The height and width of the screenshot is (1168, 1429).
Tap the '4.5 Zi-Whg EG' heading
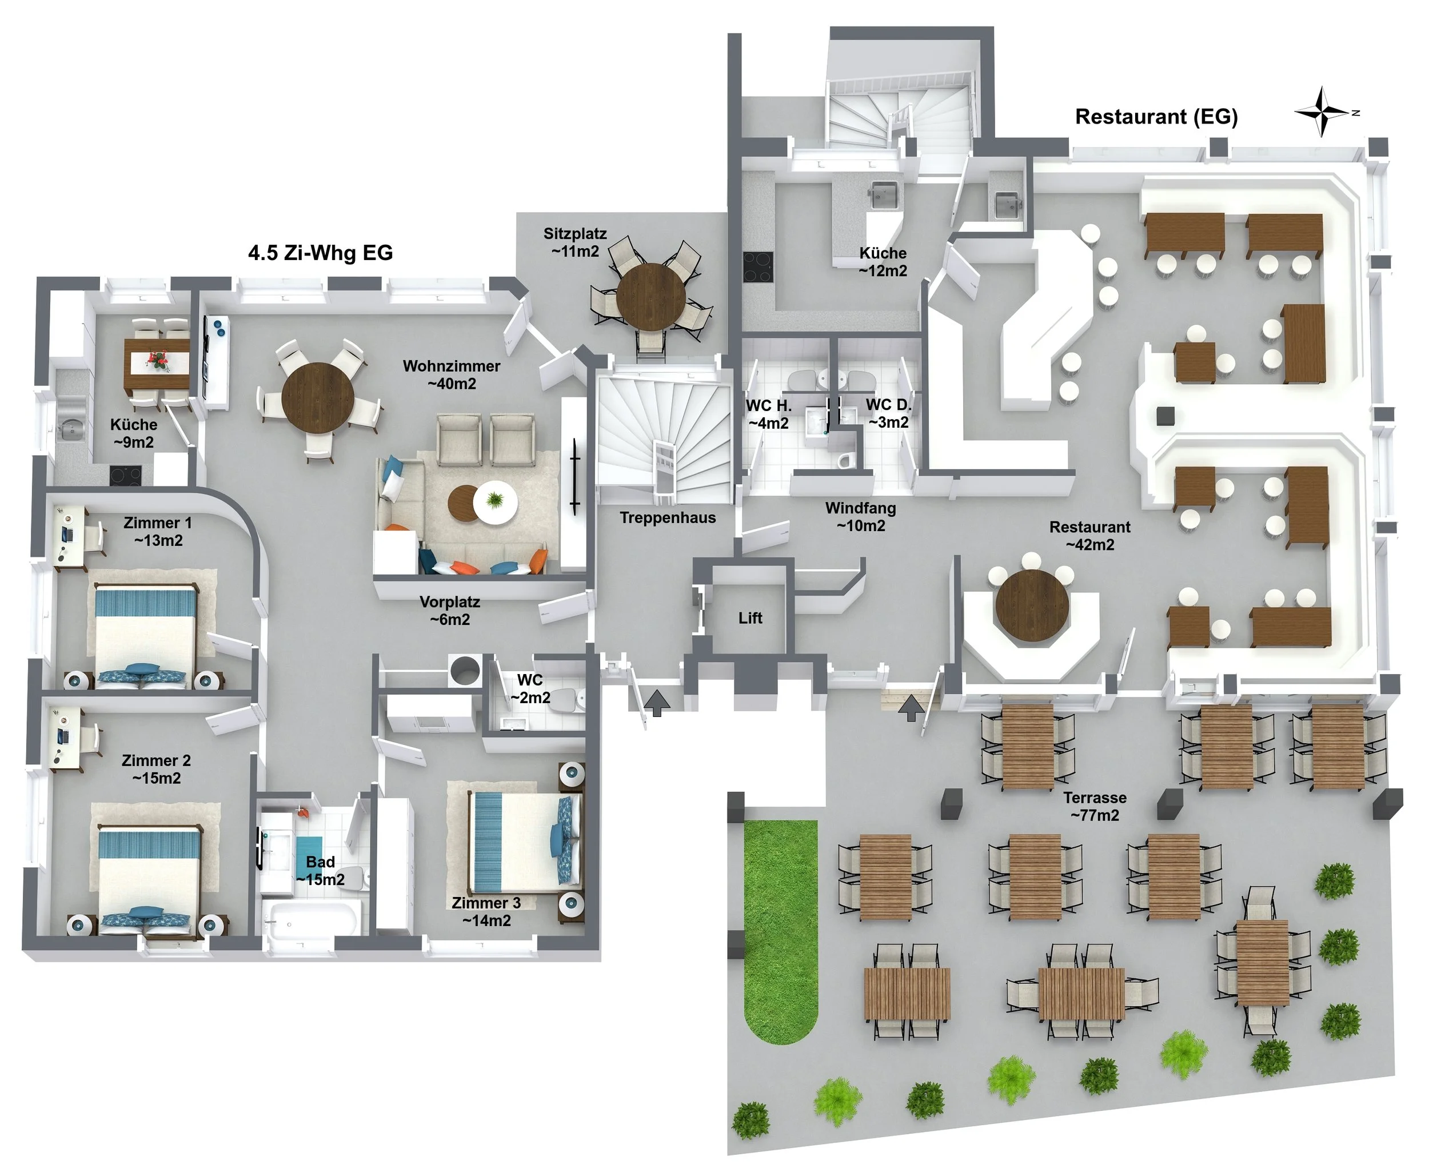coord(320,253)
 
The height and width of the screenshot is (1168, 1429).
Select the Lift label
coord(750,617)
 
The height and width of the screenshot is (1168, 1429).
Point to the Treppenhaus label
coord(668,518)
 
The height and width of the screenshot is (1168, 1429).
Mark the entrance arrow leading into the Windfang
coord(911,708)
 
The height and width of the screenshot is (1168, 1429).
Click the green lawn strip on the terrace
coord(780,931)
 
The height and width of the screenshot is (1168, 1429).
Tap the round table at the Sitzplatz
coord(650,296)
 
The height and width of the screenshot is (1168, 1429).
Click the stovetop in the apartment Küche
coord(126,476)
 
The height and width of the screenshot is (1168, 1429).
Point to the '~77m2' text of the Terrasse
coord(1095,815)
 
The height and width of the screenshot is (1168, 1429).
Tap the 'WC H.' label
coord(768,406)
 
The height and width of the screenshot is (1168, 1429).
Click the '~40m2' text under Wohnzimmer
coord(452,384)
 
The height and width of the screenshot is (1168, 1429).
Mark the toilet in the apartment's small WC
coord(569,700)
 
